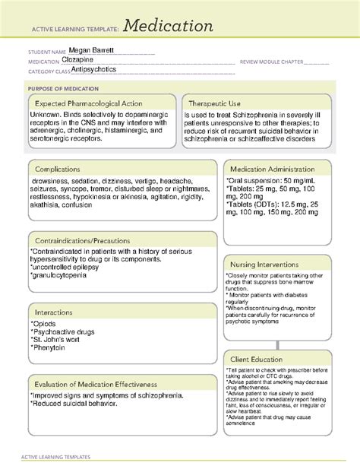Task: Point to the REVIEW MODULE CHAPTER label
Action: tap(270, 62)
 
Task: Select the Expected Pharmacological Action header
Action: tap(93, 103)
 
